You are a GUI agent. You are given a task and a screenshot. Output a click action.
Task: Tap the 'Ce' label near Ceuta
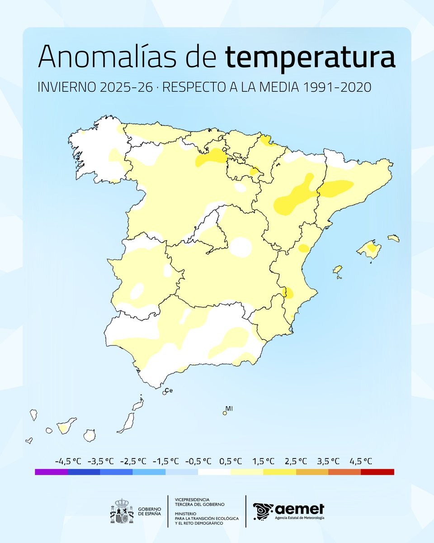pyautogui.click(x=169, y=390)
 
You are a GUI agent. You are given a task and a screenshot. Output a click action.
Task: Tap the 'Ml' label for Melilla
pyautogui.click(x=229, y=409)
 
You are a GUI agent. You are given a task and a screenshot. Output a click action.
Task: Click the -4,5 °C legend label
pyautogui.click(x=68, y=461)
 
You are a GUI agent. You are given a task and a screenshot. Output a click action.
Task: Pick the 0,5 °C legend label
pyautogui.click(x=231, y=461)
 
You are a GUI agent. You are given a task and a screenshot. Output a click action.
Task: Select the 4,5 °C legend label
pyautogui.click(x=361, y=461)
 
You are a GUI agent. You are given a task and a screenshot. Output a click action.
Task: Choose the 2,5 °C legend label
pyautogui.click(x=296, y=461)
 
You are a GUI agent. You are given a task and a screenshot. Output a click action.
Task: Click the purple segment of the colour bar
pyautogui.click(x=51, y=472)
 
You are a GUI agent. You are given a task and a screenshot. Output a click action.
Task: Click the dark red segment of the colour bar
pyautogui.click(x=377, y=472)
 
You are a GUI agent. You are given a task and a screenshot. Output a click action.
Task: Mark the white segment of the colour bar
pyautogui.click(x=214, y=472)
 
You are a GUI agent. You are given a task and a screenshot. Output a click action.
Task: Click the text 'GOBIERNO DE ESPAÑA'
pyautogui.click(x=148, y=511)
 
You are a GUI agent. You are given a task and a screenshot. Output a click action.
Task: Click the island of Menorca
pyautogui.click(x=393, y=238)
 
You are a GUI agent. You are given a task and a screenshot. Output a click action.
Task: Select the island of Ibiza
pyautogui.click(x=338, y=271)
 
